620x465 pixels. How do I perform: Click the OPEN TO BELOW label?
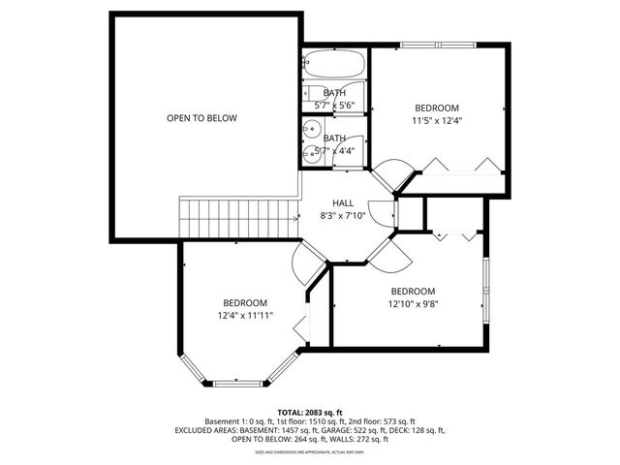[x=201, y=118]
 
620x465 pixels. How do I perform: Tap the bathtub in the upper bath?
[x=334, y=66]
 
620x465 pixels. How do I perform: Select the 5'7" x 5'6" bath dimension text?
[x=333, y=104]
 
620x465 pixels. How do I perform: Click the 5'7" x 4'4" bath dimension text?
[x=333, y=150]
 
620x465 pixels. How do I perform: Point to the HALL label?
[x=343, y=202]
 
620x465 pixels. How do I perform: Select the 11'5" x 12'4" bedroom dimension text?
[x=437, y=121]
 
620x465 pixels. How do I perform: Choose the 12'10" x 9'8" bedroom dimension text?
[x=413, y=304]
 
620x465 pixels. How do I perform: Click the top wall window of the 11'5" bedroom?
[x=436, y=45]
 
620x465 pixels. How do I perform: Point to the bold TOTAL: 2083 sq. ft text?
[x=310, y=413]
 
